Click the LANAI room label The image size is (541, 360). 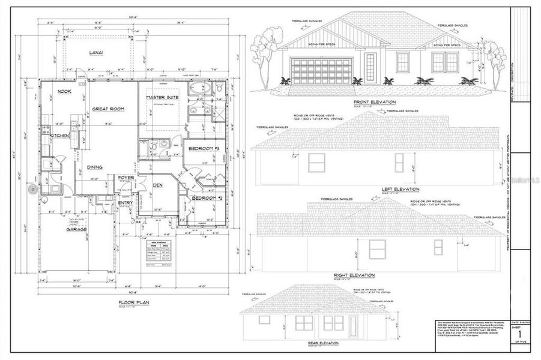(96, 53)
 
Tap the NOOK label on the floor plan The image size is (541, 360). (64, 91)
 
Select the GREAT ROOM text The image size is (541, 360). (108, 109)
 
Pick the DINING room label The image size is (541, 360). (94, 167)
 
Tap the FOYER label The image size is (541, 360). (125, 178)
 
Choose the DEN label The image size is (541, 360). (158, 185)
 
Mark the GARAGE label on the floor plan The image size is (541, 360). (77, 229)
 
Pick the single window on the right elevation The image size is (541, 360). (377, 248)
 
